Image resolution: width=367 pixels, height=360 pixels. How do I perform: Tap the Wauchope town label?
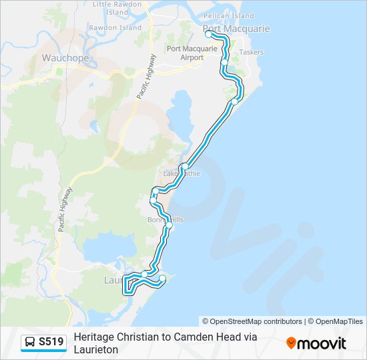(65, 58)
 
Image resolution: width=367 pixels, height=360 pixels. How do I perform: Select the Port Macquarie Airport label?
(192, 53)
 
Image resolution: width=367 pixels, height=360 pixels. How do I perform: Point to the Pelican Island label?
(229, 15)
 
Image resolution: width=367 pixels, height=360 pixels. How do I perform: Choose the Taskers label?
(251, 52)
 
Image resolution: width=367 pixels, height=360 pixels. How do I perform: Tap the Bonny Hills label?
(165, 219)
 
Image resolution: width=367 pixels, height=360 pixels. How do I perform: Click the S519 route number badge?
(51, 342)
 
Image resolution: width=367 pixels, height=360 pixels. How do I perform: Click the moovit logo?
(316, 343)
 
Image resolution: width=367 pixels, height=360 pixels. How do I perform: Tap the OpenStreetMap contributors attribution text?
(252, 321)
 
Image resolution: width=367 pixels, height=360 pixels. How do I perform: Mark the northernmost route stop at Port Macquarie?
(209, 33)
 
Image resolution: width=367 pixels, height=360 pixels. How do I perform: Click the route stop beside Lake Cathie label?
(185, 167)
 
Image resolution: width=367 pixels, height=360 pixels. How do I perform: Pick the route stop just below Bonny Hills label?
(169, 225)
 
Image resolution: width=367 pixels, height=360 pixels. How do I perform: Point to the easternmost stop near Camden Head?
(162, 278)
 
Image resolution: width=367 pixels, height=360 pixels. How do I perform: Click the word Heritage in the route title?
(93, 337)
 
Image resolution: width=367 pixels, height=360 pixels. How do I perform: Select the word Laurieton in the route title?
(95, 349)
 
